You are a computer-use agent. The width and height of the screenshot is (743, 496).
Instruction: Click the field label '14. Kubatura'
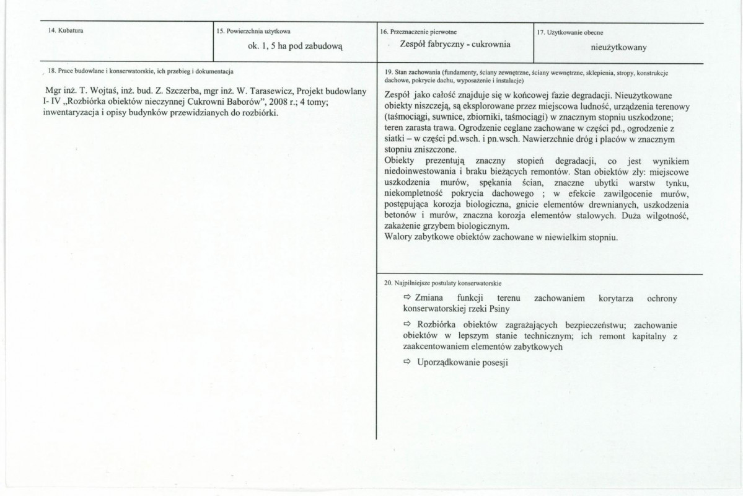tap(66, 30)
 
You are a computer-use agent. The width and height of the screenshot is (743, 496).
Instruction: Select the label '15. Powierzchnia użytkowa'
tap(253, 31)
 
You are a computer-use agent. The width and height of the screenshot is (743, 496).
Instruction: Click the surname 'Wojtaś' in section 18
tap(108, 92)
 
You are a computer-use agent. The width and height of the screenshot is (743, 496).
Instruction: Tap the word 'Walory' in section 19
tap(399, 237)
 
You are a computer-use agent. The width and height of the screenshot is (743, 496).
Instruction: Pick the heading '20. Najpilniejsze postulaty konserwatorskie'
tap(442, 283)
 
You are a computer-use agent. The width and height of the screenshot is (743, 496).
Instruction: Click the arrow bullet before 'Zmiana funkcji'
tap(407, 298)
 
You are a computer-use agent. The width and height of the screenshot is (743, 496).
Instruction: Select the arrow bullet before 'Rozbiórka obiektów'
tap(407, 325)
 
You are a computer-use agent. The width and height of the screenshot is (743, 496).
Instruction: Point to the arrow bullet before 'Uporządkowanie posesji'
tap(407, 362)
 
